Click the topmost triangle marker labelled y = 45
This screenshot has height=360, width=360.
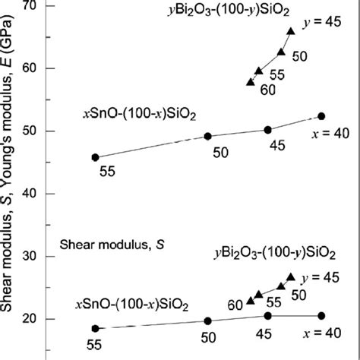(x=292, y=31)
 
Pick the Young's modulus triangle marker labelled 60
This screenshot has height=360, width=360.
(x=251, y=81)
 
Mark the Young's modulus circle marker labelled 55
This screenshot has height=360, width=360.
(x=95, y=157)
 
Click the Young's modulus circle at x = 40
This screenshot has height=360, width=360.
(x=321, y=116)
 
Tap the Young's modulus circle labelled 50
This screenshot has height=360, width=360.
(x=208, y=136)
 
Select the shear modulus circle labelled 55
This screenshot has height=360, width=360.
(x=95, y=328)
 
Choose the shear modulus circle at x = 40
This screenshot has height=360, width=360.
(x=321, y=315)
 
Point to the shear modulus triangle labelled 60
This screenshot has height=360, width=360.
(x=251, y=301)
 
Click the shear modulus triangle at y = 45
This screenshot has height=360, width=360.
(x=291, y=277)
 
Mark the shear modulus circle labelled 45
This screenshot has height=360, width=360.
(x=267, y=315)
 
